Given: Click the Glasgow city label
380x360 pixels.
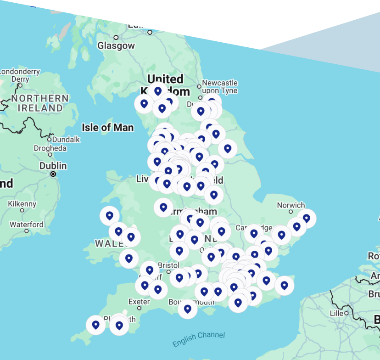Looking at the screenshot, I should click(116, 45).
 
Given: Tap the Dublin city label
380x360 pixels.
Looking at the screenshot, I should click(53, 166).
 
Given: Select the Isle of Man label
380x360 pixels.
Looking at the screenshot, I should click(108, 127).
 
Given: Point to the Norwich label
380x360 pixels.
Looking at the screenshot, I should click(291, 205).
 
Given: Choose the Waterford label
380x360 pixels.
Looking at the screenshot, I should click(27, 225).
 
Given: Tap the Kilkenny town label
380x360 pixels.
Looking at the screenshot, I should click(22, 204).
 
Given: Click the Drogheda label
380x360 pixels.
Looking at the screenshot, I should click(50, 148).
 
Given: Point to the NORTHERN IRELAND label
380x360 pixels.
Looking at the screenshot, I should click(40, 103).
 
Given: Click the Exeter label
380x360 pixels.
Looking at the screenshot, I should click(139, 302).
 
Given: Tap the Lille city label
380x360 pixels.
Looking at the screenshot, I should click(336, 313).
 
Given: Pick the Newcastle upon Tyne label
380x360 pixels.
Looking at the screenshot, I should click(220, 86).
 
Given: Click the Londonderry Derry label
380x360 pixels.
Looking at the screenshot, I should click(20, 75).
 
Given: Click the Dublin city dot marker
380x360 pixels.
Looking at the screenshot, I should click(53, 174).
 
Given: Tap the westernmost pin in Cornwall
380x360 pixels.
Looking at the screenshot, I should click(95, 325).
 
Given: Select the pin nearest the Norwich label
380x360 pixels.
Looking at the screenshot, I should click(306, 218).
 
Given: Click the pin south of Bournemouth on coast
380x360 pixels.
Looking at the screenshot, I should click(187, 309).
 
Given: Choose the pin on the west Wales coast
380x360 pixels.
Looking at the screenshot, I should click(109, 215).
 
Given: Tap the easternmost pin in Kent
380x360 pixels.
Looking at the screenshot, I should click(284, 285).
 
